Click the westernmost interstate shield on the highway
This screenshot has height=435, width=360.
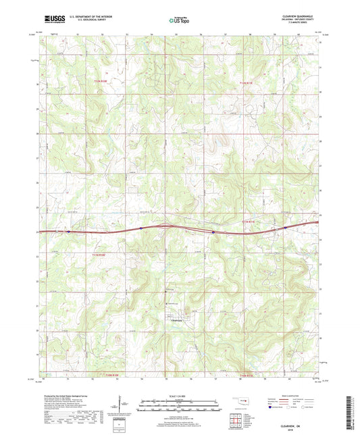68,231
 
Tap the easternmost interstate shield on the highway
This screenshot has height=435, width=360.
286,228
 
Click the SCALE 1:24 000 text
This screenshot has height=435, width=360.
180,395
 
